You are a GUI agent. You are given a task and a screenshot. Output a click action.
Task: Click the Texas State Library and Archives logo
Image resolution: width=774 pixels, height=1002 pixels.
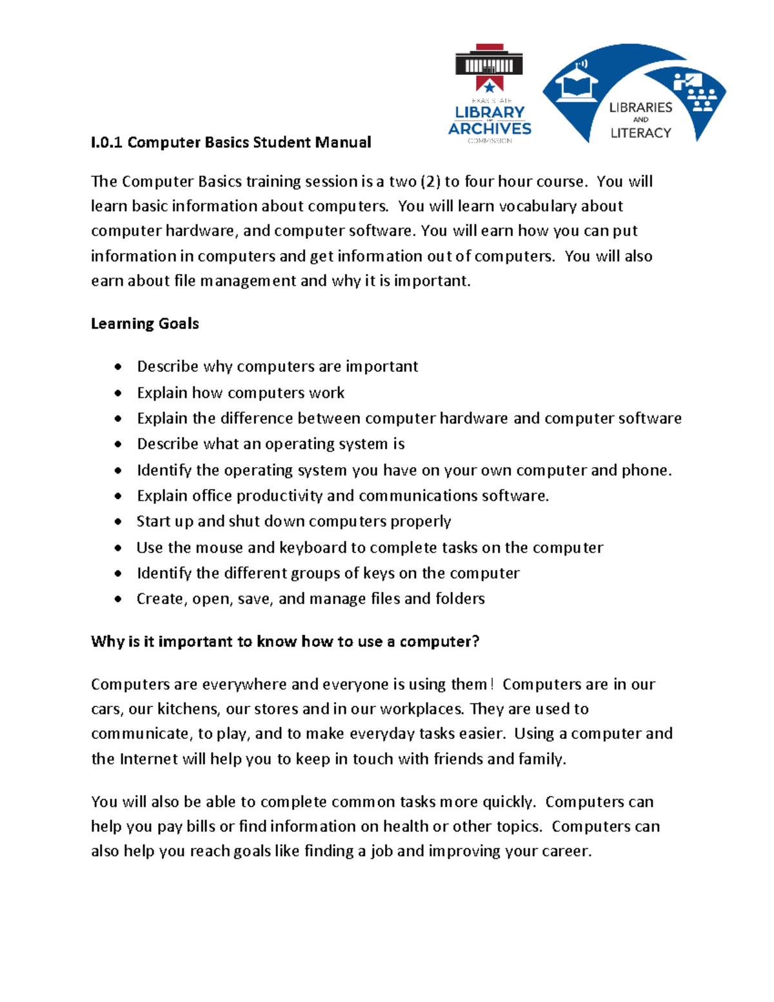[490, 94]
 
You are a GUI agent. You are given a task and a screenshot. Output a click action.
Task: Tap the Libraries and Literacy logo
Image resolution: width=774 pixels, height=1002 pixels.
[634, 94]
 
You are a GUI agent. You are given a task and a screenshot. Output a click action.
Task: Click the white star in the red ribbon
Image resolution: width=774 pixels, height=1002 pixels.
[490, 86]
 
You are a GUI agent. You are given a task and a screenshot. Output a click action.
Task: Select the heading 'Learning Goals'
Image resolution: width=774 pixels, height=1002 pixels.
[144, 324]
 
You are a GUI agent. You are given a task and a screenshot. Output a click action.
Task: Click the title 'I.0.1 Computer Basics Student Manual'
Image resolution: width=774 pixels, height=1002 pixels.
[231, 143]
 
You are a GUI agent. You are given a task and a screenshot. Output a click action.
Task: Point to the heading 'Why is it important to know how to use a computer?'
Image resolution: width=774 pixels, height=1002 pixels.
[285, 642]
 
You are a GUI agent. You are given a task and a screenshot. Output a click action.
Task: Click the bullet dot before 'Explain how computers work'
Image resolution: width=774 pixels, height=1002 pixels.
[118, 393]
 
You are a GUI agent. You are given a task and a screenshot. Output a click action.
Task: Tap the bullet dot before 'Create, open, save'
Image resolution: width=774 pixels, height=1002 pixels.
[118, 599]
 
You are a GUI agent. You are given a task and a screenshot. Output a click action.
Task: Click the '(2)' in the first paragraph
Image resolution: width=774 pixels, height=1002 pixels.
[430, 182]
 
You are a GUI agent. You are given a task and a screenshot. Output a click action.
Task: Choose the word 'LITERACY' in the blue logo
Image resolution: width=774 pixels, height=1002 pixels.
[640, 133]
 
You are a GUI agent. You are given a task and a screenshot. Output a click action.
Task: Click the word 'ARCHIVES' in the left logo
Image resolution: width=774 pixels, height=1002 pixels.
[490, 128]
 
